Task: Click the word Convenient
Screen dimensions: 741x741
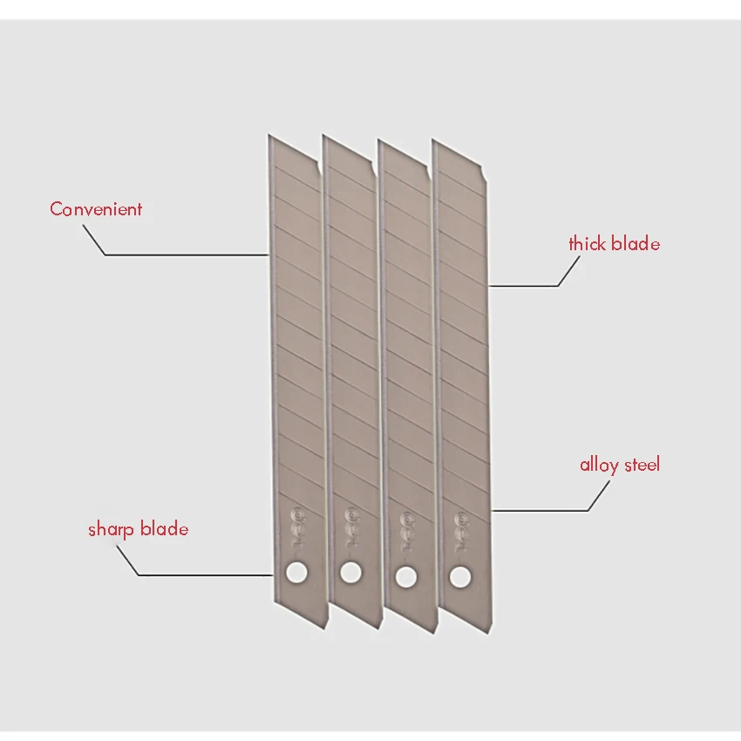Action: coord(96,209)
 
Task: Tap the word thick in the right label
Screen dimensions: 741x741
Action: coord(588,244)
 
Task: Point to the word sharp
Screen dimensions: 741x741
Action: coord(110,529)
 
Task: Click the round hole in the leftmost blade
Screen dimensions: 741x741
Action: coord(296,572)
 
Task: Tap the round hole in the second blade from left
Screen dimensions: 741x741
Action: coord(350,573)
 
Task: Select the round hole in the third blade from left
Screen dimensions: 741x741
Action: coord(404,574)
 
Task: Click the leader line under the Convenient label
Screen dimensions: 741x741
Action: coord(183,255)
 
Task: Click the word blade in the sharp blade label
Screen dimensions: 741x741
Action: coord(165,529)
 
